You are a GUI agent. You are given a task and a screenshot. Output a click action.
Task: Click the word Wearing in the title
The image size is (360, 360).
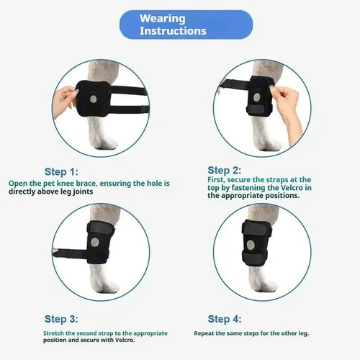pos(163,19)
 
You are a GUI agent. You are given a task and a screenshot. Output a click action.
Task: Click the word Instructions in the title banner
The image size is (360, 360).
pos(173,31)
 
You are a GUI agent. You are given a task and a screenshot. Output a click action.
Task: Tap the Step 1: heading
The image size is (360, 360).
pos(61,172)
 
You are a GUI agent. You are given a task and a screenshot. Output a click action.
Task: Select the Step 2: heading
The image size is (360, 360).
pos(224,171)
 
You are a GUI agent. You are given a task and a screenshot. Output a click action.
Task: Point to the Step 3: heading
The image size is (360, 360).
pos(61,319)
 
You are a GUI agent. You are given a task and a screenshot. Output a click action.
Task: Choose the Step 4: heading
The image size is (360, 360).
pos(225,319)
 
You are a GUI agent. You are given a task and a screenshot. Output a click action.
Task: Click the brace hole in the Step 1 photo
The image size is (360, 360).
pos(93,99)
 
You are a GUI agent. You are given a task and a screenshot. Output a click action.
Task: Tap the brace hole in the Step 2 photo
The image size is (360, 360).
pos(256,97)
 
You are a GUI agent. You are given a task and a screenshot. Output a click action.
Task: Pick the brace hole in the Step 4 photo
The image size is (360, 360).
pos(251,245)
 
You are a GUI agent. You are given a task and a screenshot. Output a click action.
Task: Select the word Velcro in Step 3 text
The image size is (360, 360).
pos(125,340)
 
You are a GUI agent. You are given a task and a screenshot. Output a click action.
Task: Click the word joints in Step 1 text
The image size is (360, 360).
pos(83,192)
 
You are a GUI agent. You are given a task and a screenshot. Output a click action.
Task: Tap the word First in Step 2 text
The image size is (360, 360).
pos(215,180)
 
